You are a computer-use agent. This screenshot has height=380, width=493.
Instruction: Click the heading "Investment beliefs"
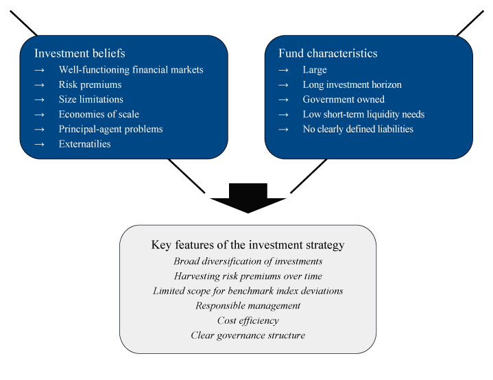(80, 54)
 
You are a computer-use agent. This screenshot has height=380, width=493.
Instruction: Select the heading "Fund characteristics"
(328, 54)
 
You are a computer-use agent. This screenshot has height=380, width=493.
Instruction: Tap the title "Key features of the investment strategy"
(248, 245)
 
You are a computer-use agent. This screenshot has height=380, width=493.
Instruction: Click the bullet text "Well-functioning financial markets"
(131, 70)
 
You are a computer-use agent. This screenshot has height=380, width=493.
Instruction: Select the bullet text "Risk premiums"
(90, 85)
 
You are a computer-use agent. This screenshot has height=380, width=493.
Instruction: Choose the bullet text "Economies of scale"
(99, 115)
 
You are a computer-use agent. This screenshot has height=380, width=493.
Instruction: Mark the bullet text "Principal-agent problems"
(110, 129)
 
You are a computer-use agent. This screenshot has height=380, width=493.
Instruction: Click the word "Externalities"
(84, 144)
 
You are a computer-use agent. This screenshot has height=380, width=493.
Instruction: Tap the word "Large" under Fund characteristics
(315, 70)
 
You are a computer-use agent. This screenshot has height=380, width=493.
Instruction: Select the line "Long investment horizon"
(352, 85)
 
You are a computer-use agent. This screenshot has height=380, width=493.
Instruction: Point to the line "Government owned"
(344, 99)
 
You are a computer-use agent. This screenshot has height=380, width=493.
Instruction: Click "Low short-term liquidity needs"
(363, 115)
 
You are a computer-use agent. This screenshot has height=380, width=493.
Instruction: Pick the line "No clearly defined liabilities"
(358, 129)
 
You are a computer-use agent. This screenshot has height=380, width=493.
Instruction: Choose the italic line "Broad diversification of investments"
(248, 261)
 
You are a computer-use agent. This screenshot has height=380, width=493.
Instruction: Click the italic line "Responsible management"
(248, 305)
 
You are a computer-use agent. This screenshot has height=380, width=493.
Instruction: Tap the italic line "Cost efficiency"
(248, 320)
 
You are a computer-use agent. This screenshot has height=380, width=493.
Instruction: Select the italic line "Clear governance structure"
(248, 335)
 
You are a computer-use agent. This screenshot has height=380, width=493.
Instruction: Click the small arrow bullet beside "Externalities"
(39, 144)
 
